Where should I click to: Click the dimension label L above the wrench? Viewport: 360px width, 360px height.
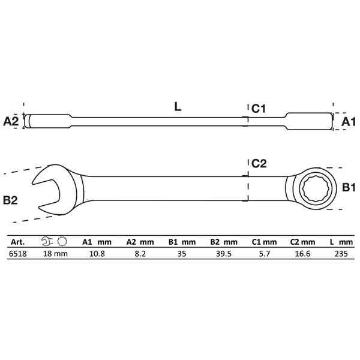[x=178, y=107]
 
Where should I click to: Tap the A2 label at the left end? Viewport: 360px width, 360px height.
[x=11, y=121]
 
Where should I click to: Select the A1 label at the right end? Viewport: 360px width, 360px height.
[x=348, y=122]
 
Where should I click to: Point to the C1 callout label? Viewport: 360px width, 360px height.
[x=259, y=109]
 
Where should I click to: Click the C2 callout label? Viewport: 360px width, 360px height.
[x=259, y=163]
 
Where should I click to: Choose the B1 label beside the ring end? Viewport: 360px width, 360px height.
[x=349, y=188]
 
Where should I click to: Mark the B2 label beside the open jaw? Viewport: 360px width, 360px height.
[x=10, y=200]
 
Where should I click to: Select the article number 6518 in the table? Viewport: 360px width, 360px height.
[x=17, y=254]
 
